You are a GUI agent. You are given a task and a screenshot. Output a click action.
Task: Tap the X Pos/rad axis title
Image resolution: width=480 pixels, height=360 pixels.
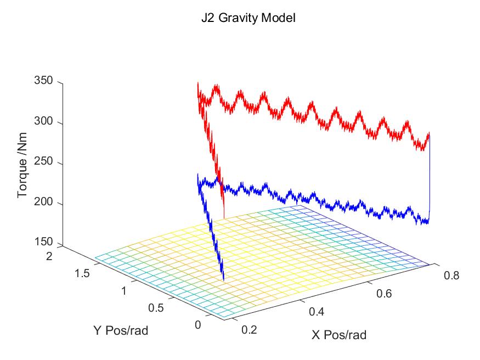click(338, 335)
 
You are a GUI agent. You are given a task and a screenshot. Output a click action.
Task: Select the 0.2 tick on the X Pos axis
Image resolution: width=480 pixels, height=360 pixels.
click(249, 330)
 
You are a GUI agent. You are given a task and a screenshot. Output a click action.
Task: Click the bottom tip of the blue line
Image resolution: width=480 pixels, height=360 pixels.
click(224, 281)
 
